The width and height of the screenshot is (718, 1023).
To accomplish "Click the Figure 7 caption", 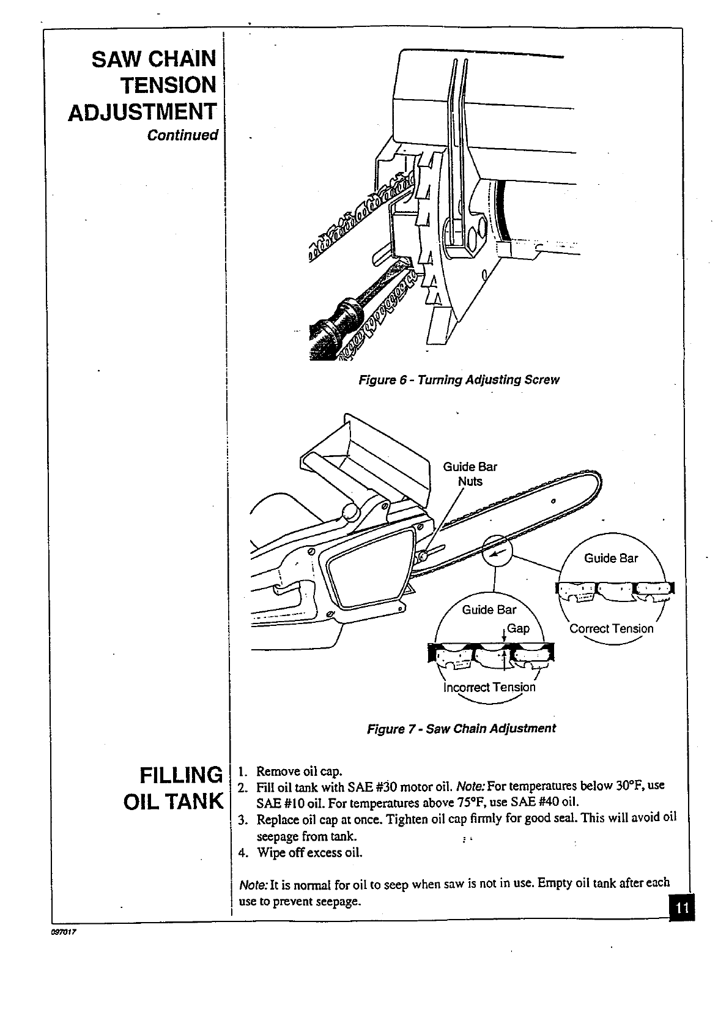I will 461,729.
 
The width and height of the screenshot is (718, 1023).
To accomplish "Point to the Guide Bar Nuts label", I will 470,474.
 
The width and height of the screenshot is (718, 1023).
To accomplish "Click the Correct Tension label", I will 611,628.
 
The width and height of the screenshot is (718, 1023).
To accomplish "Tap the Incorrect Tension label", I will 489,687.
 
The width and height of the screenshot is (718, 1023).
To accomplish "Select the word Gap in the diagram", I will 518,628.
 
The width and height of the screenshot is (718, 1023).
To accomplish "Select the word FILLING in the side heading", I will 180,775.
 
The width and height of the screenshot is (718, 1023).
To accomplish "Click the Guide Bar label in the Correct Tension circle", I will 611,558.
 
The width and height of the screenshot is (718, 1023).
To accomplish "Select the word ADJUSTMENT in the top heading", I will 142,112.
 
